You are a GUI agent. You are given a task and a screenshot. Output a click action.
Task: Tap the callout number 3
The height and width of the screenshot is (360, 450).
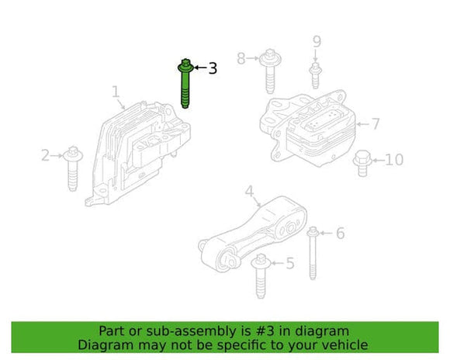click(212, 68)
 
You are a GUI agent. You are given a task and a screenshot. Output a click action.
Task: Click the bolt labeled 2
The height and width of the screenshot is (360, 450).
click(72, 166)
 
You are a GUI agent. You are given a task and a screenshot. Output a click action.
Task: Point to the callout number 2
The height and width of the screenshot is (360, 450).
click(45, 156)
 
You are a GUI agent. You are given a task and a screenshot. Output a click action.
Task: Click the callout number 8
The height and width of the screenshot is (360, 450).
click(241, 57)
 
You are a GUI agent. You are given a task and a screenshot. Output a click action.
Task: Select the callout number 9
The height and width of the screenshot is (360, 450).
click(316, 41)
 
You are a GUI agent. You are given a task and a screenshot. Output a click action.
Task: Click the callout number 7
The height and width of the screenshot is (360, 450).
click(375, 123)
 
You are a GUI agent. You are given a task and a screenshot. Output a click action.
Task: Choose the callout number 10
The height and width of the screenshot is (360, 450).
click(393, 160)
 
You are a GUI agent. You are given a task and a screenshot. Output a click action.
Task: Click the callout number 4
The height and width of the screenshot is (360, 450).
click(249, 191)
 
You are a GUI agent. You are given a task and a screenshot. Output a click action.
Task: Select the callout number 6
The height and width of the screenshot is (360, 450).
click(340, 233)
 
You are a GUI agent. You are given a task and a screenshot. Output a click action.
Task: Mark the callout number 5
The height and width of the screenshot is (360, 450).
click(289, 264)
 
